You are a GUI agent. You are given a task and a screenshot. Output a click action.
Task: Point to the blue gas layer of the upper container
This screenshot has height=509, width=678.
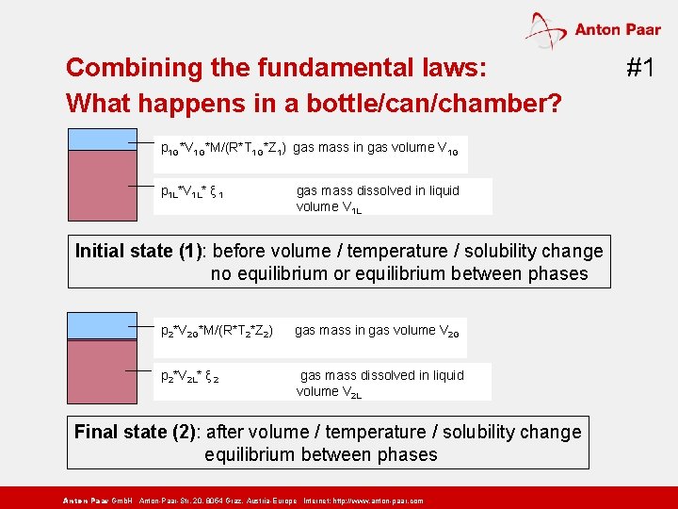click(103, 139)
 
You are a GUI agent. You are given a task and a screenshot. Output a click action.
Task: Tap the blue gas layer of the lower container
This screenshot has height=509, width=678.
click(103, 324)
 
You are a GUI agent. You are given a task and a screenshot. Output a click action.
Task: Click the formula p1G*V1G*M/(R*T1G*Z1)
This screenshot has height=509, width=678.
click(223, 149)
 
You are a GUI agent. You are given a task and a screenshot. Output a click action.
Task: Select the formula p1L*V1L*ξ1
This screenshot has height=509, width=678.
click(192, 192)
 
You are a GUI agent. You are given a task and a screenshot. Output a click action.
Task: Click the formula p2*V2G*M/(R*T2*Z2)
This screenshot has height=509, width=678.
click(218, 332)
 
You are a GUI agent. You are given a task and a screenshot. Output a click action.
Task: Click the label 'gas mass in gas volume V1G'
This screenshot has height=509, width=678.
click(376, 148)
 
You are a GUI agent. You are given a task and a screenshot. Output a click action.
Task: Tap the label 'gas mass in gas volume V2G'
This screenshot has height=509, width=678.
click(377, 331)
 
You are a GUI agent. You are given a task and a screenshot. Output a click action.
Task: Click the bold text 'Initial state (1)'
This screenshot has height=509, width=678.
click(141, 251)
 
